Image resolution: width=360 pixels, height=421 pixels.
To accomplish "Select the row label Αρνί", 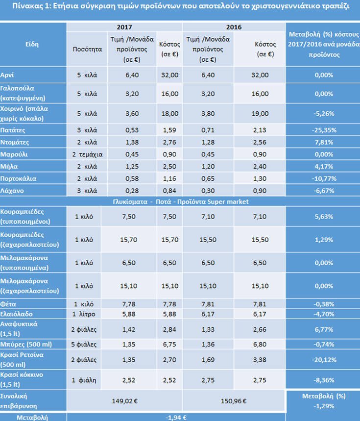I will point(9,75).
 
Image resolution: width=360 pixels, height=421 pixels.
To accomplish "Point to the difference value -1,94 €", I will point(175,417).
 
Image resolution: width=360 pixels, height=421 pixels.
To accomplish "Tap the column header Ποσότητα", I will point(86,50).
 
